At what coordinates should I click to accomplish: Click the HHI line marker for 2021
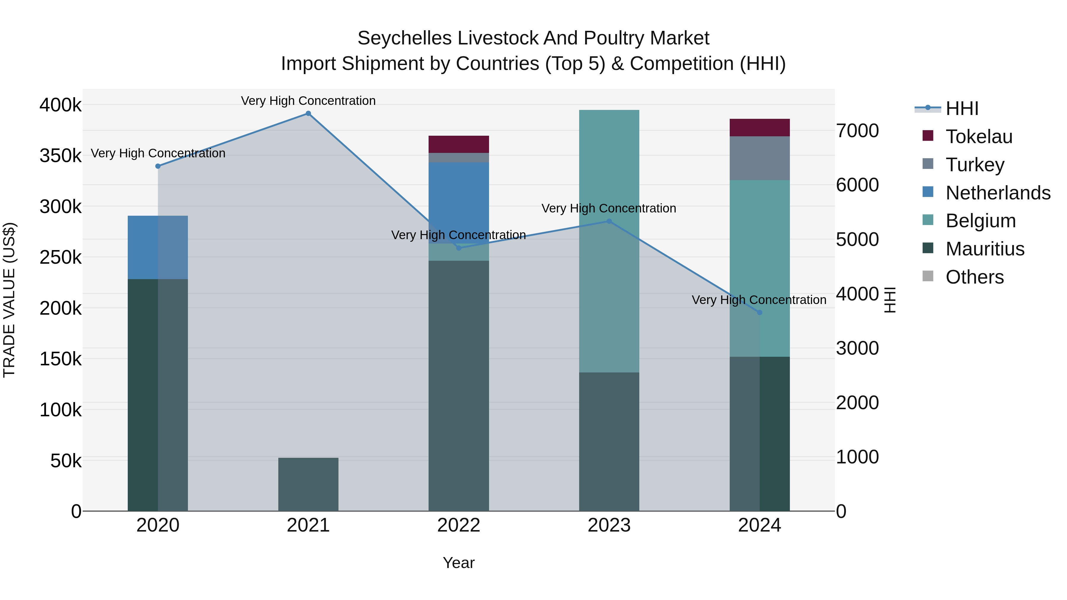coord(308,113)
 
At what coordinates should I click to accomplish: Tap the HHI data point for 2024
coord(759,313)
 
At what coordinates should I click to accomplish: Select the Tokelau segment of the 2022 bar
coord(459,144)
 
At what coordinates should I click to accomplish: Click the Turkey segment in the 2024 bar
coord(759,158)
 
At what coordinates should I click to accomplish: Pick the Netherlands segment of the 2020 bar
coord(157,247)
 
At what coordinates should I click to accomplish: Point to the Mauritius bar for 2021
coord(308,484)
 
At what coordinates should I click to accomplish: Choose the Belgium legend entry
coord(980,221)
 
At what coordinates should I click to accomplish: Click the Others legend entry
coord(974,277)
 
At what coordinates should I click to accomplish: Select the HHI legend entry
coord(962,108)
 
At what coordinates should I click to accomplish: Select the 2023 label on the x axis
coord(609,525)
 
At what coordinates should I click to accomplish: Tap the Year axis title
coord(459,563)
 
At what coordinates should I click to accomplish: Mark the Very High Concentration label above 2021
coord(308,101)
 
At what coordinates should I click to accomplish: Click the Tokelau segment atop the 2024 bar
coord(759,127)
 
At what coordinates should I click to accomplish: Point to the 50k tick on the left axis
coord(66,461)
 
